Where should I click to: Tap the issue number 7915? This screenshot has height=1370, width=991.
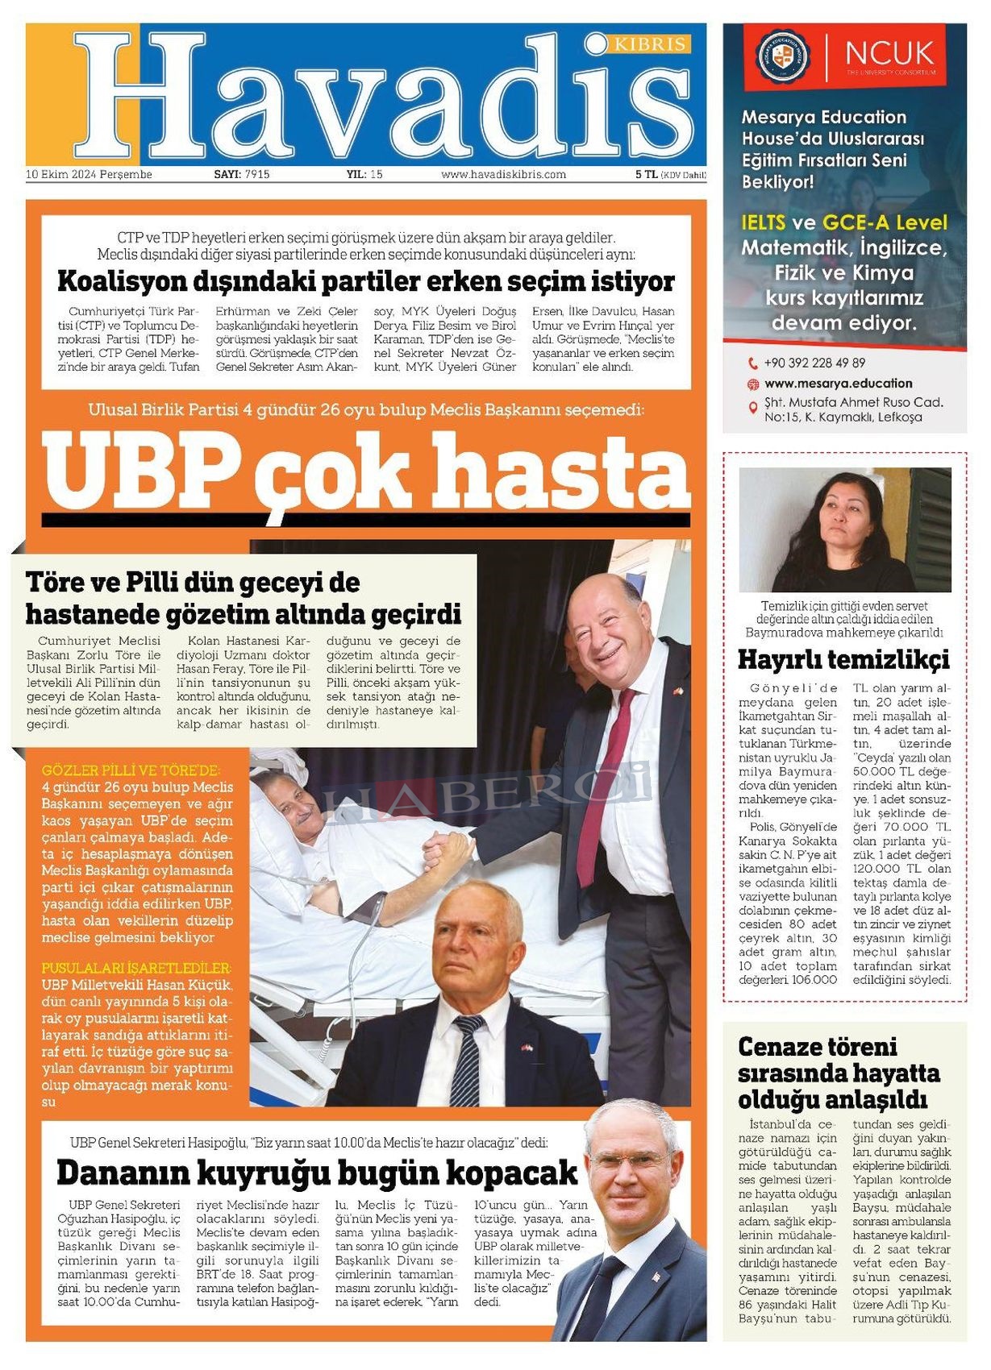[257, 174]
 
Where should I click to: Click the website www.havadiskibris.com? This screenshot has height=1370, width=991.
[503, 174]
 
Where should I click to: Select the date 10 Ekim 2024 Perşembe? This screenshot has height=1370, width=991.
[89, 174]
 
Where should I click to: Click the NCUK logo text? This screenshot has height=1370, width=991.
[889, 54]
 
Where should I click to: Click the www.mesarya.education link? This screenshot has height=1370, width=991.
[838, 384]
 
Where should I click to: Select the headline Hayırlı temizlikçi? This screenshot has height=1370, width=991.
[843, 659]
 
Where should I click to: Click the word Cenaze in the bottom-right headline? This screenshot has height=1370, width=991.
[780, 1047]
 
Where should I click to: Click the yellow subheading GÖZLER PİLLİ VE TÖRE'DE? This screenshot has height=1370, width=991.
[131, 770]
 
